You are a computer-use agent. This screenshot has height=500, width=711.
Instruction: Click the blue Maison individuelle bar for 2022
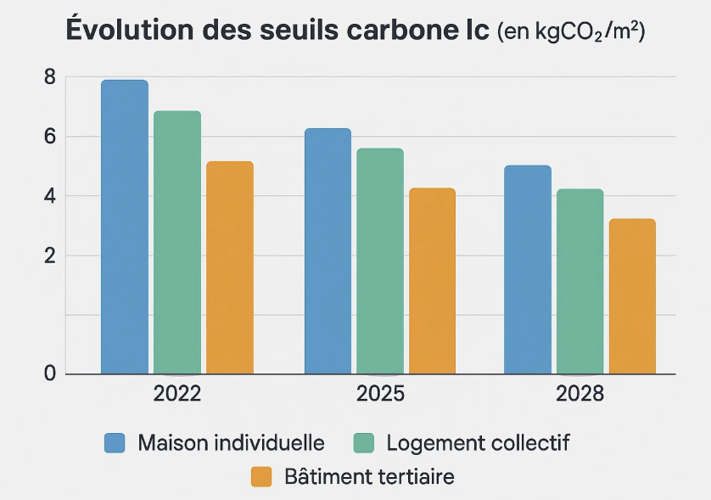coord(125,227)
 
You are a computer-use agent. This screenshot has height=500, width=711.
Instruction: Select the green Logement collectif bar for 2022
coord(177,242)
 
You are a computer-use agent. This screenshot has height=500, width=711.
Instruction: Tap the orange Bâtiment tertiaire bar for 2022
coord(230,267)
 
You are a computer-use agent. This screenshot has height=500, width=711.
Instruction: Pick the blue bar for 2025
coord(328,251)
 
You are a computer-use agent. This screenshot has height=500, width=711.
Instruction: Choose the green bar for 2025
coord(380,261)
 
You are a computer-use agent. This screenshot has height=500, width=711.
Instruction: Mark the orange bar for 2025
coord(432,281)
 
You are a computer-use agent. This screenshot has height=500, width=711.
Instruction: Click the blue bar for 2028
coord(528,269)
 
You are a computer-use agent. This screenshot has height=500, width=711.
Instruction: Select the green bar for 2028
coord(579,281)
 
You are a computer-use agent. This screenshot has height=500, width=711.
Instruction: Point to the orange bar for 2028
coord(632,296)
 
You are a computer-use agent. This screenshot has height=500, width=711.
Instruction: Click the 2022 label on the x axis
coord(177,395)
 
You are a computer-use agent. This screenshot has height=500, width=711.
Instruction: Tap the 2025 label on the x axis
coord(380,395)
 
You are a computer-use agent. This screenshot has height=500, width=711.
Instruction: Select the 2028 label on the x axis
coord(579,395)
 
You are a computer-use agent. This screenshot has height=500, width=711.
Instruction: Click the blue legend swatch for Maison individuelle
coord(115,442)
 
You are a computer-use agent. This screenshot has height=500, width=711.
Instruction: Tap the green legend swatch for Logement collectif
coord(362,442)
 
